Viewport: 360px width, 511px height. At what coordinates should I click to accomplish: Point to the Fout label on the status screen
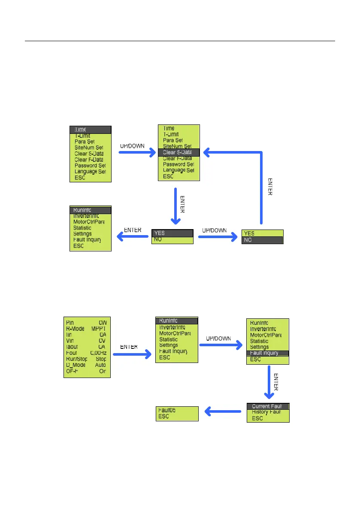point(72,352)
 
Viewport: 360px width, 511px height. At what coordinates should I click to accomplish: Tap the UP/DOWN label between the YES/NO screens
point(214,230)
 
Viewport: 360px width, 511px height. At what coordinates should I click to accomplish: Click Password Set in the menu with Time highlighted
point(90,166)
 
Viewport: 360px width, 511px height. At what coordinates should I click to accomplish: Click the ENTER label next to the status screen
point(128,347)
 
